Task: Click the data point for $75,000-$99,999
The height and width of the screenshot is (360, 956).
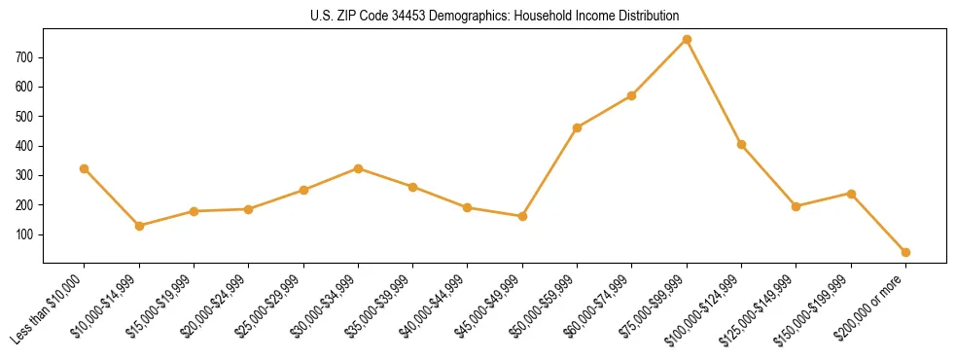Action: coord(687,39)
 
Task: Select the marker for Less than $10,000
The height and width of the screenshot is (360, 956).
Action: coord(85,168)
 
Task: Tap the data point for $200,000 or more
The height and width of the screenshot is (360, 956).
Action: coord(905,252)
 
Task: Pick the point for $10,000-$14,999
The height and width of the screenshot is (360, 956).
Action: coord(139,226)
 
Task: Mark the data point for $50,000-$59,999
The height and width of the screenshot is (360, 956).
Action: coord(578,127)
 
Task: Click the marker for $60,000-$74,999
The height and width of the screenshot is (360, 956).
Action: coord(632,95)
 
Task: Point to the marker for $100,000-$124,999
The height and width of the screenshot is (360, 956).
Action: coord(741,144)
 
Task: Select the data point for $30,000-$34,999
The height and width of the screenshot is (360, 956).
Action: coord(358,168)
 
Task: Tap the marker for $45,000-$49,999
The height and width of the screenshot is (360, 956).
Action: coord(522,216)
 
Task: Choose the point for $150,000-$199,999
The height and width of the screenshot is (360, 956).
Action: coord(851,194)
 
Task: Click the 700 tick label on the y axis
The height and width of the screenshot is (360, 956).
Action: coord(25,57)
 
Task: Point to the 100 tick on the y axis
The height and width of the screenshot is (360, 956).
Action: coord(25,234)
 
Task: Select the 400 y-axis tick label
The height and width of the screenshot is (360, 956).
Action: coord(25,146)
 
